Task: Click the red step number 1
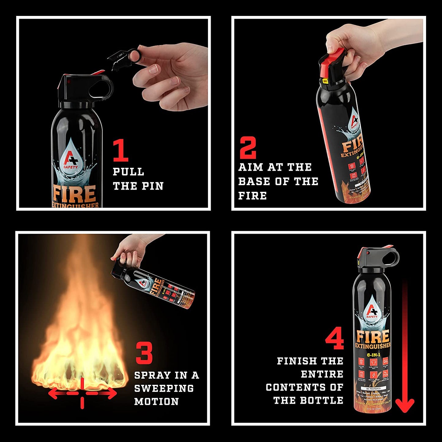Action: pyautogui.click(x=121, y=150)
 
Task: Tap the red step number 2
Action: pyautogui.click(x=247, y=148)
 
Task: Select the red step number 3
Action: pyautogui.click(x=144, y=353)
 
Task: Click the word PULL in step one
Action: pyautogui.click(x=128, y=172)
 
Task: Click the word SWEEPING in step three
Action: pyautogui.click(x=164, y=388)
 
